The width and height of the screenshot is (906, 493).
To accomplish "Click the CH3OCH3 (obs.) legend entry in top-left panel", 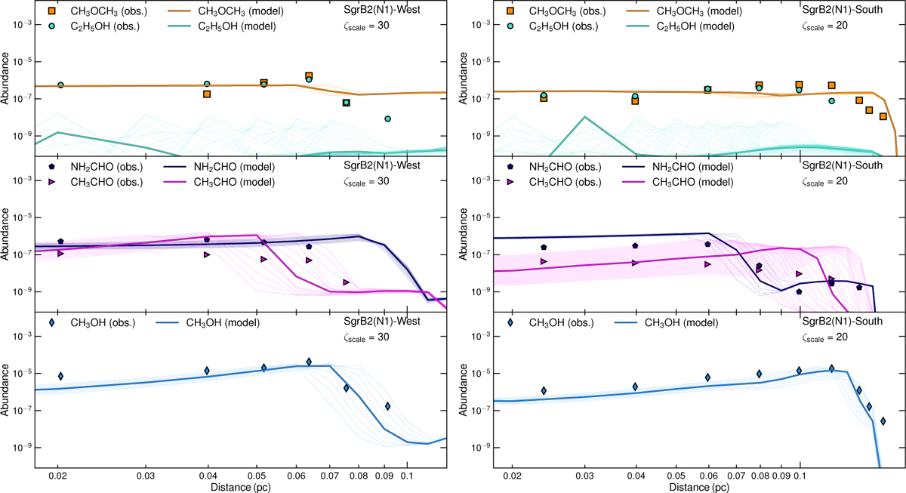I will click(x=97, y=11).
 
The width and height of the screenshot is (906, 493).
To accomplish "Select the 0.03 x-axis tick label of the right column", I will click(x=584, y=478).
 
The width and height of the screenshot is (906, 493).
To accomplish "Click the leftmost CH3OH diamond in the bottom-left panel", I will click(x=60, y=376).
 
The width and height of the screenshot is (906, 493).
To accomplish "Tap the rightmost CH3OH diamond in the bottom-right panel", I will click(x=883, y=421).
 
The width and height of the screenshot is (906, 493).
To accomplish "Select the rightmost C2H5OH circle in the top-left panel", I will click(x=387, y=119).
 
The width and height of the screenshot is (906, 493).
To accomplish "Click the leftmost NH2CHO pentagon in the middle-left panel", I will click(x=60, y=242).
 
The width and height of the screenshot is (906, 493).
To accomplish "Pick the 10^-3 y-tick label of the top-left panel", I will click(x=17, y=24).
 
